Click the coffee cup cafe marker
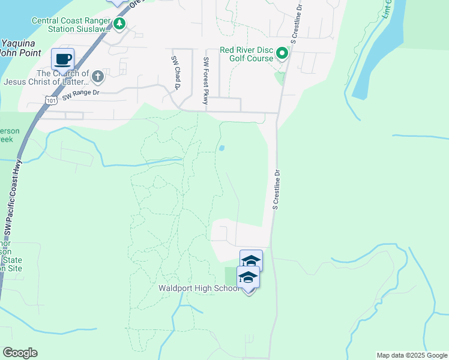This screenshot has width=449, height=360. [x=62, y=59]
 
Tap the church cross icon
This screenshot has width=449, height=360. [x=97, y=76]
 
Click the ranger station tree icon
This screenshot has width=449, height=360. [x=120, y=23]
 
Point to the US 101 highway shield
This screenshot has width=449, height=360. [x=51, y=101]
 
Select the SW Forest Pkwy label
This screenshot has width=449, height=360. [x=206, y=80]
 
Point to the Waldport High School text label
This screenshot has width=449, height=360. [x=199, y=289]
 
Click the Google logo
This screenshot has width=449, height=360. [x=20, y=353]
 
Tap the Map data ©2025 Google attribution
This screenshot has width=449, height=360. [x=412, y=355]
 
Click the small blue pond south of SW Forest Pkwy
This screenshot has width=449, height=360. [x=221, y=148]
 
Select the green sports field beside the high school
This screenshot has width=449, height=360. [x=231, y=276]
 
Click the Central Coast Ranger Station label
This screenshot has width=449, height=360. [x=72, y=24]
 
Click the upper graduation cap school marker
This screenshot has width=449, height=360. [x=251, y=260]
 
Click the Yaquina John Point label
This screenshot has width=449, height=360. [x=21, y=48]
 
